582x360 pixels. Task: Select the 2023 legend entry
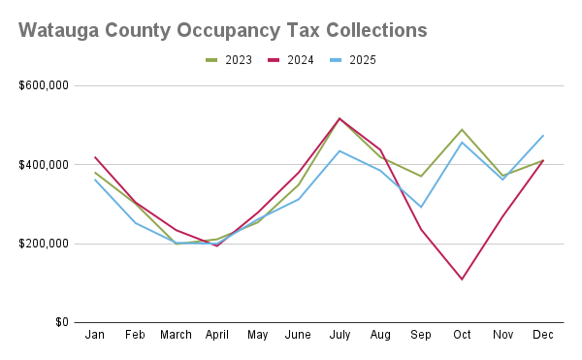(x=228, y=60)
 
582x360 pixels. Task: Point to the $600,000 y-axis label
(x=44, y=85)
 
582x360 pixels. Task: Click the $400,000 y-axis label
(x=44, y=165)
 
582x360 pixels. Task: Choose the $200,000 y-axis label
(x=44, y=244)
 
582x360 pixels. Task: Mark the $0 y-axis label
(x=60, y=322)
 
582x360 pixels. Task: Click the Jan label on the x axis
(x=95, y=335)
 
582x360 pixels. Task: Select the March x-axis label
(x=177, y=335)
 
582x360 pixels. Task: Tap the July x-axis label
(x=339, y=335)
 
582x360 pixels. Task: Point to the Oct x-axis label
(x=462, y=335)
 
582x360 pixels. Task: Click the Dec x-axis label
(x=543, y=335)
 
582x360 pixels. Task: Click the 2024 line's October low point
(x=462, y=279)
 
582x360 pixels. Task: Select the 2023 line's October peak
(x=462, y=129)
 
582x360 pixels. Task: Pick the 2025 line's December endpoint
(x=543, y=135)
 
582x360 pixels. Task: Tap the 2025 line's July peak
(x=339, y=150)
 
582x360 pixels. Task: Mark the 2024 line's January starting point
(x=95, y=156)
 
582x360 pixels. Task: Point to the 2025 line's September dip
(x=421, y=207)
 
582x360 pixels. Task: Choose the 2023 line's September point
(x=421, y=176)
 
